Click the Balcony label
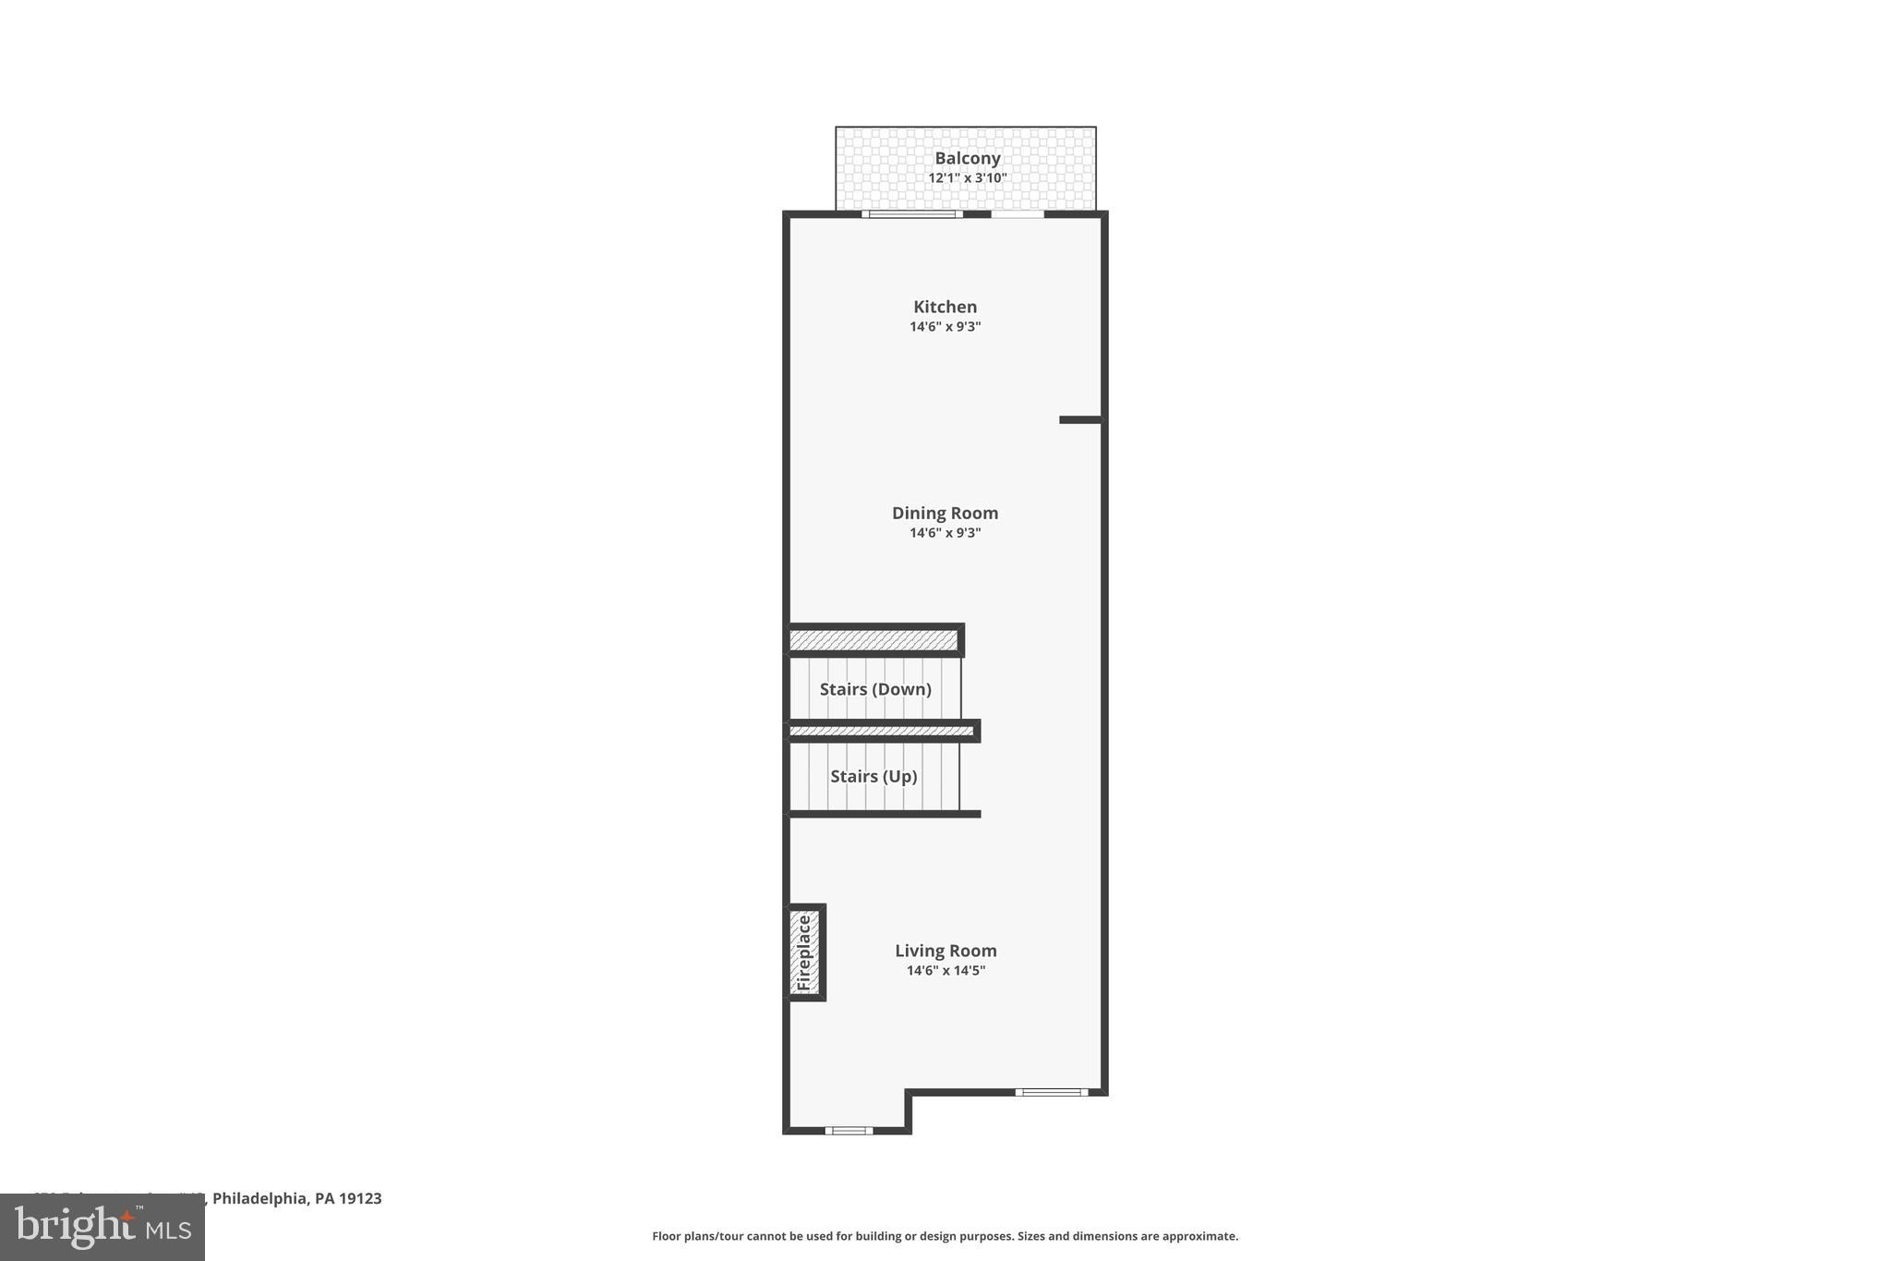(x=967, y=158)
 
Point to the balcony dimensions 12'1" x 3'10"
(x=967, y=178)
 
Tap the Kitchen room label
(x=945, y=307)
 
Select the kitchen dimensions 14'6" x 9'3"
(x=945, y=327)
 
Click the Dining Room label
(x=945, y=513)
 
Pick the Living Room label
(x=945, y=951)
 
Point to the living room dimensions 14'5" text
(x=969, y=971)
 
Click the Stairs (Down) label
(x=875, y=689)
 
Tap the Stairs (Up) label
(x=873, y=776)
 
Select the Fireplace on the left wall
(x=804, y=952)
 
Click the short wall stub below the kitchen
(x=1080, y=420)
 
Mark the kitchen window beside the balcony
(x=912, y=214)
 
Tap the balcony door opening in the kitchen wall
(x=1018, y=214)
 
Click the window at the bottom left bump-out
(x=849, y=1131)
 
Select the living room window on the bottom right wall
(x=1052, y=1092)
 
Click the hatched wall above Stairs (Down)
(x=873, y=639)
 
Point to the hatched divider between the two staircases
(x=881, y=731)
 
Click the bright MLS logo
(x=102, y=1228)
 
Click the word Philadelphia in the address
(x=260, y=1198)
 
